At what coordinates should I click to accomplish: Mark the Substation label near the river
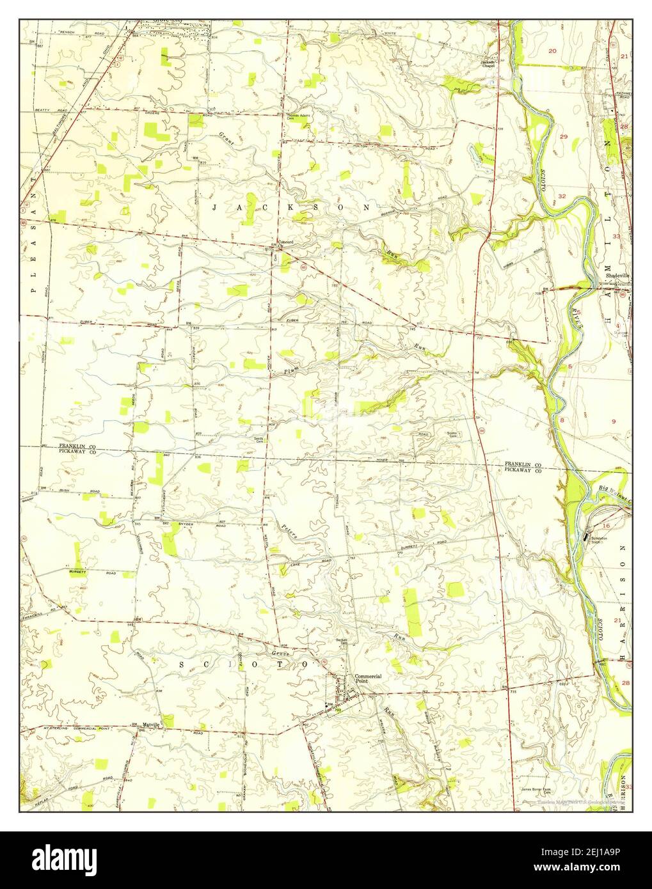607,540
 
